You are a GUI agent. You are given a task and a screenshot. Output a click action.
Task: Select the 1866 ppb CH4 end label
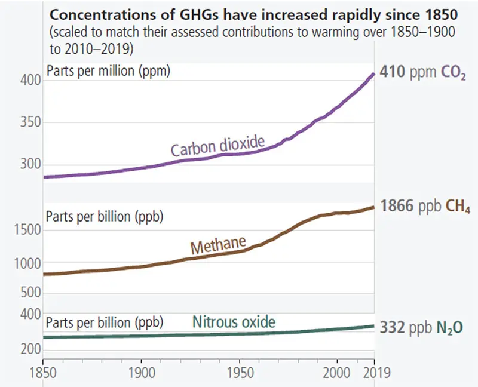(425, 207)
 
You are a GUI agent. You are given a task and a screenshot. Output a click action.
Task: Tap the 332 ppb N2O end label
(422, 327)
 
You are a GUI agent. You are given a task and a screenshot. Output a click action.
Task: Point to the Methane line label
(219, 245)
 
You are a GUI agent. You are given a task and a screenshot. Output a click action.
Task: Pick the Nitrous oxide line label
(234, 322)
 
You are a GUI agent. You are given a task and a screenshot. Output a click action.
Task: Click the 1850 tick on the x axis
(43, 373)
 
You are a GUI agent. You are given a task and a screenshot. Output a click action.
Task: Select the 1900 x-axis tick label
(141, 373)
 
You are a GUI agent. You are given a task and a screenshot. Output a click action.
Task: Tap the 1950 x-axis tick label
(240, 373)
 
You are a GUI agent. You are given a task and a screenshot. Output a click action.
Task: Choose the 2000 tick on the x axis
(338, 373)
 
